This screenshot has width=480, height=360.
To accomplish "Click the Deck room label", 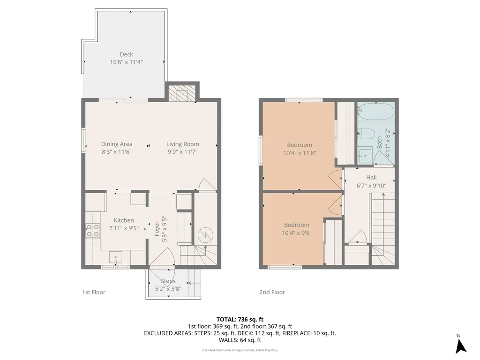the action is point(127,54).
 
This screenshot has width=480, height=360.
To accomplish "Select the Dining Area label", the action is point(117,144).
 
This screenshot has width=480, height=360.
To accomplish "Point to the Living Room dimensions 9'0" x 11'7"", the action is point(183,152).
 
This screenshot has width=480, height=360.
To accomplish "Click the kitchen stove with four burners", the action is point(92,231).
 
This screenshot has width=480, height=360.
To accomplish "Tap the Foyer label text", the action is point(157,229).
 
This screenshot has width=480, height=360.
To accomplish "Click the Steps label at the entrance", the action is point(168,281).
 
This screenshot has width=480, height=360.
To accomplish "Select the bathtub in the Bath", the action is point(375,111).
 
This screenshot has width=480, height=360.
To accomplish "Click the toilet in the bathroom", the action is point(367,133).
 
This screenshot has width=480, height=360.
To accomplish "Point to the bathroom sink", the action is point(365,155).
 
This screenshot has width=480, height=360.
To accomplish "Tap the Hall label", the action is point(371,178).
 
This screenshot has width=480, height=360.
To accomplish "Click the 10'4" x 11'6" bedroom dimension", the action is point(300,153).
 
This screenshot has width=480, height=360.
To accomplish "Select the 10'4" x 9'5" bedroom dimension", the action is point(297,233).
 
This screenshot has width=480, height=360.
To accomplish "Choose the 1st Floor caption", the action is point(94,292).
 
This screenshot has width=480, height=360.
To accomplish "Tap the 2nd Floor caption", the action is point(272,292).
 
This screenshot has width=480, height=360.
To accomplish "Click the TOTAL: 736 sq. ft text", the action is point(240,320).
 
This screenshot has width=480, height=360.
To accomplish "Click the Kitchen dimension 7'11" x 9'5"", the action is point(124,228).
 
